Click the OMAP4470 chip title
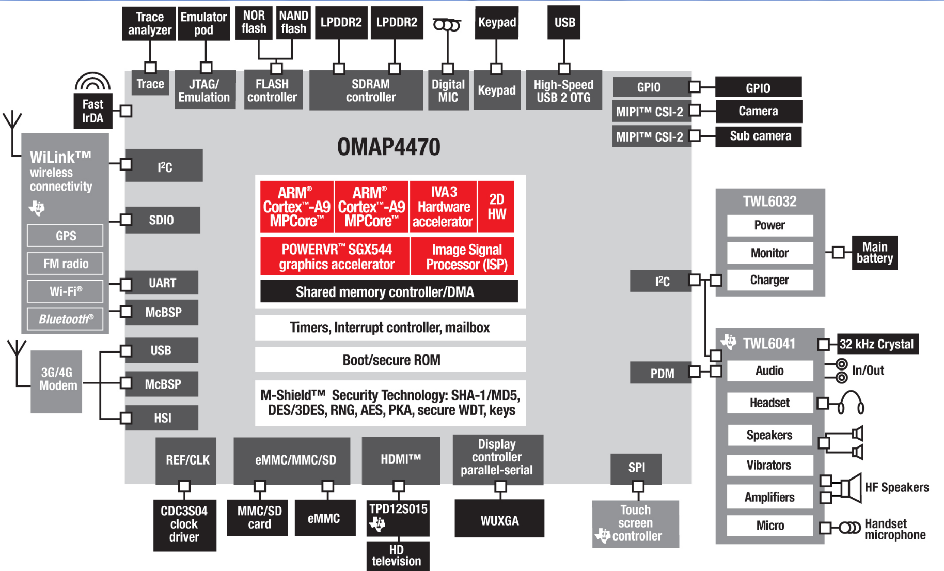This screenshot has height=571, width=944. point(388,147)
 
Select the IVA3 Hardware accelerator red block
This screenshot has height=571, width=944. point(443,207)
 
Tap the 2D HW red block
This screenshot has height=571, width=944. point(496,207)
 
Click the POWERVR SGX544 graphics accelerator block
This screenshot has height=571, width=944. point(336,257)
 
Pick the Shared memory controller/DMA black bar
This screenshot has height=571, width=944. point(388,292)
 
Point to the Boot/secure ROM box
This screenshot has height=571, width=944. point(390,360)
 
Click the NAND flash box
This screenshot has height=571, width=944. point(293,23)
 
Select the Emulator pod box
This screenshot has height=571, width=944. point(203,23)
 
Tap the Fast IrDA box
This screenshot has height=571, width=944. point(92,111)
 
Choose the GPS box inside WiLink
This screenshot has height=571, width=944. point(66,236)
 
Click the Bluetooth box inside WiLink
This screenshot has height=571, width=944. point(66,319)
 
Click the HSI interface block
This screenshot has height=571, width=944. point(162,418)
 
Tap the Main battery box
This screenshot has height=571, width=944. point(874,253)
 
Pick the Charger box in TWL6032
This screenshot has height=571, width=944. point(769,280)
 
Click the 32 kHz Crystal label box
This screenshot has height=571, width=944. point(877,344)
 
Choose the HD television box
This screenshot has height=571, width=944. point(397,555)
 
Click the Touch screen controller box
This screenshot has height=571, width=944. point(635,523)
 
